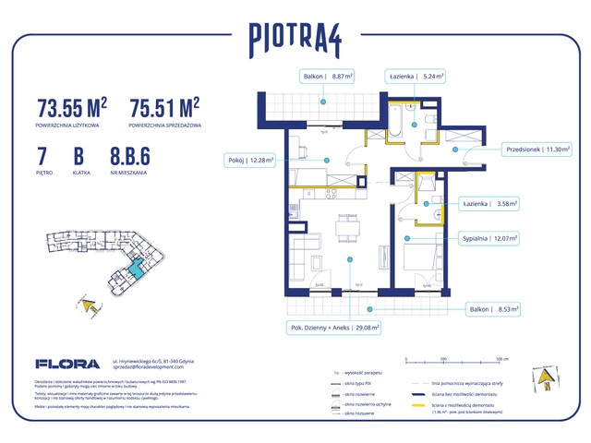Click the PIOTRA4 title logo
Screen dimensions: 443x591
[x=295, y=38]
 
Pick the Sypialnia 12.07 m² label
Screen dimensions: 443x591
[x=489, y=238]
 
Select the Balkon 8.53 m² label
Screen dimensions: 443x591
[x=489, y=309]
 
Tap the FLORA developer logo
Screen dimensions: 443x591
[x=61, y=363]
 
